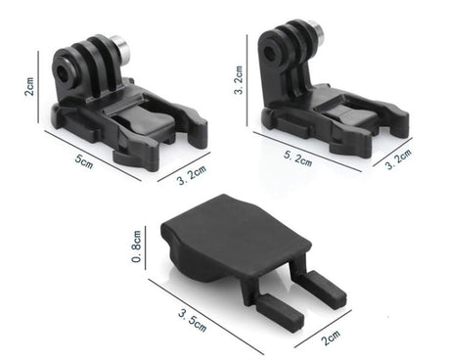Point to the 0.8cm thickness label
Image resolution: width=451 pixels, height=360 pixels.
coord(140,247)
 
